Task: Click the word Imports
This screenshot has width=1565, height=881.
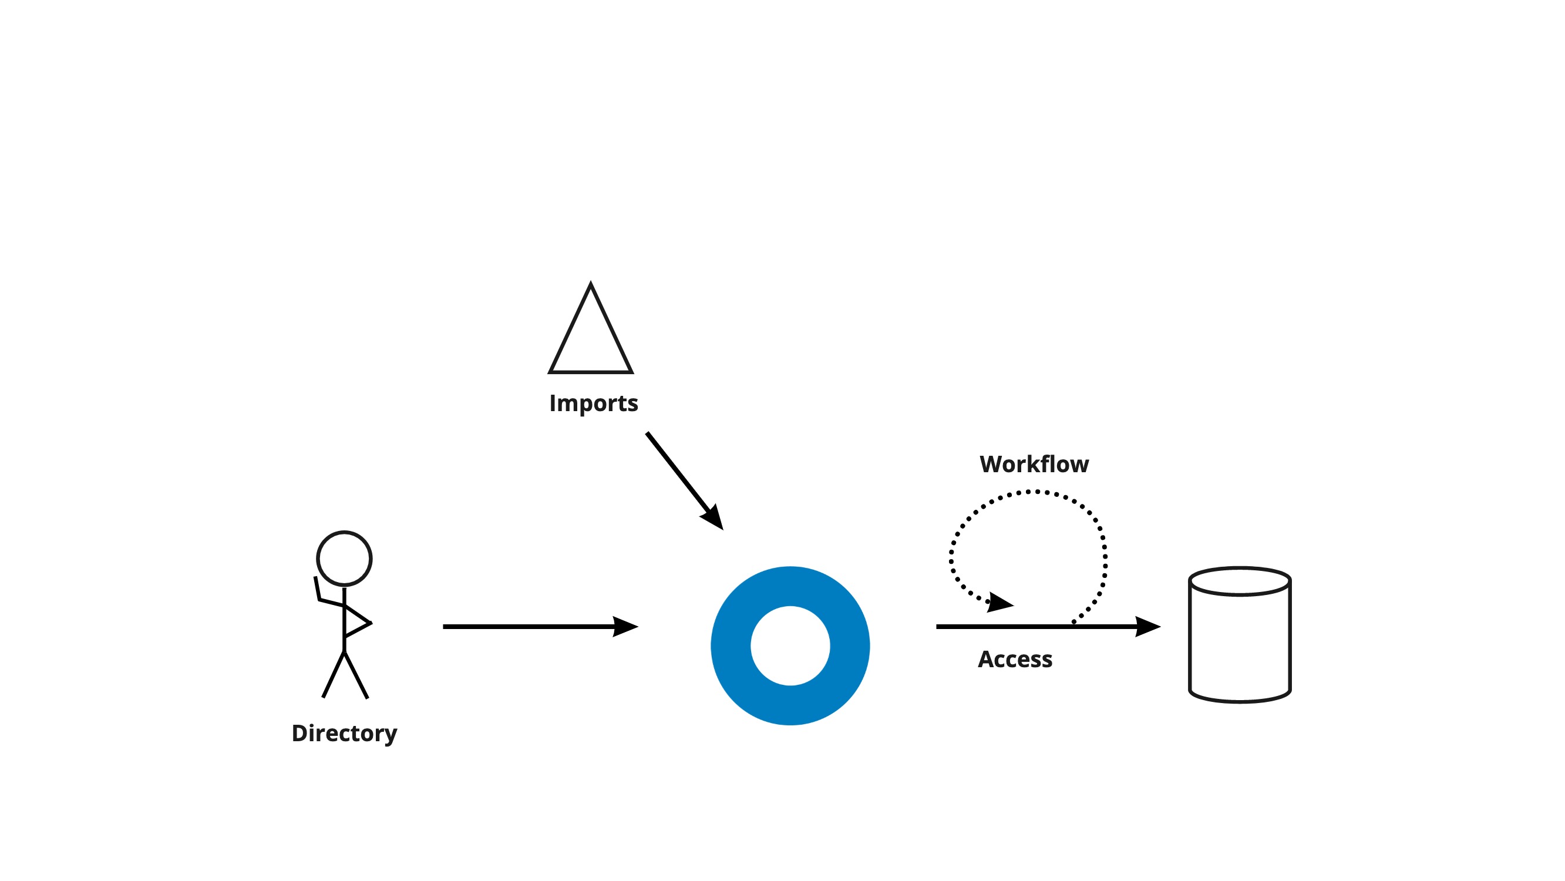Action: pyautogui.click(x=593, y=403)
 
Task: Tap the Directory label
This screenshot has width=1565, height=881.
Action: pyautogui.click(x=344, y=733)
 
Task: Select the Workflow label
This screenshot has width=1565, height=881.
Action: pyautogui.click(x=1034, y=464)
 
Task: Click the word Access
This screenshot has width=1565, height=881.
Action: pyautogui.click(x=1015, y=659)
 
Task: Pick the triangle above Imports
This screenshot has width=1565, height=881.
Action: pyautogui.click(x=591, y=340)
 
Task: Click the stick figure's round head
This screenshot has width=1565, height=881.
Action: pyautogui.click(x=344, y=559)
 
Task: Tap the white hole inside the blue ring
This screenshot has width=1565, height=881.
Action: pyautogui.click(x=790, y=645)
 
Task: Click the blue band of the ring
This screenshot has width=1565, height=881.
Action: pyautogui.click(x=731, y=645)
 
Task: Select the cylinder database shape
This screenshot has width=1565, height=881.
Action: pyautogui.click(x=1239, y=644)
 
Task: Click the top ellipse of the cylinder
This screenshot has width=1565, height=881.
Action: pyautogui.click(x=1239, y=581)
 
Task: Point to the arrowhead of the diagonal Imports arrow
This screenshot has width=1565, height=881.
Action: pyautogui.click(x=713, y=517)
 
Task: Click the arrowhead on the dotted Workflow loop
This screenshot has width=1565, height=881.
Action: pyautogui.click(x=999, y=603)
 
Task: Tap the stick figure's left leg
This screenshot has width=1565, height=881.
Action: pyautogui.click(x=333, y=674)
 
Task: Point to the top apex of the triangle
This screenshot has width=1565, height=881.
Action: pyautogui.click(x=591, y=284)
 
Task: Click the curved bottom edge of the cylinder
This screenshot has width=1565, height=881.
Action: pyautogui.click(x=1239, y=701)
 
